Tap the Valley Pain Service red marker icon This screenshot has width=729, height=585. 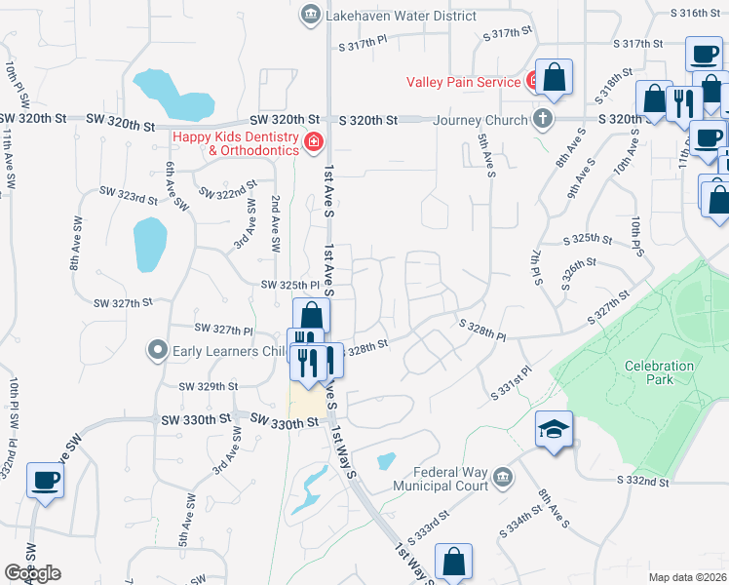pyautogui.click(x=533, y=79)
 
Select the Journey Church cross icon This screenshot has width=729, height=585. pyautogui.click(x=543, y=120)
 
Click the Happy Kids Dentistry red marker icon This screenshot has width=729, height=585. pyautogui.click(x=313, y=143)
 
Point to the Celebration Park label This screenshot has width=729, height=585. pyautogui.click(x=660, y=372)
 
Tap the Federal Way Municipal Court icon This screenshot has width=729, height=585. pyautogui.click(x=503, y=477)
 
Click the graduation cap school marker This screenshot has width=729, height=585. pyautogui.click(x=554, y=431)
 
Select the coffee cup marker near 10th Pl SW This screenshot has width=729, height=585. pyautogui.click(x=46, y=481)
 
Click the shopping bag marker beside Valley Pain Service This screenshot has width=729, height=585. pyautogui.click(x=554, y=78)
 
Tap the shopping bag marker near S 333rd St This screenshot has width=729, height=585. pyautogui.click(x=453, y=562)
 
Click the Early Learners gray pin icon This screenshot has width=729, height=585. pyautogui.click(x=156, y=349)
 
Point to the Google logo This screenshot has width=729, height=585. pyautogui.click(x=32, y=573)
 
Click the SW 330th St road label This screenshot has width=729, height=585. pyautogui.click(x=284, y=421)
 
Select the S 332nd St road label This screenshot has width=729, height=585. pyautogui.click(x=643, y=481)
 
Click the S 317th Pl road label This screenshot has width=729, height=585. pyautogui.click(x=364, y=44)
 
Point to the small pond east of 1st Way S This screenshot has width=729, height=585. pyautogui.click(x=387, y=460)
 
